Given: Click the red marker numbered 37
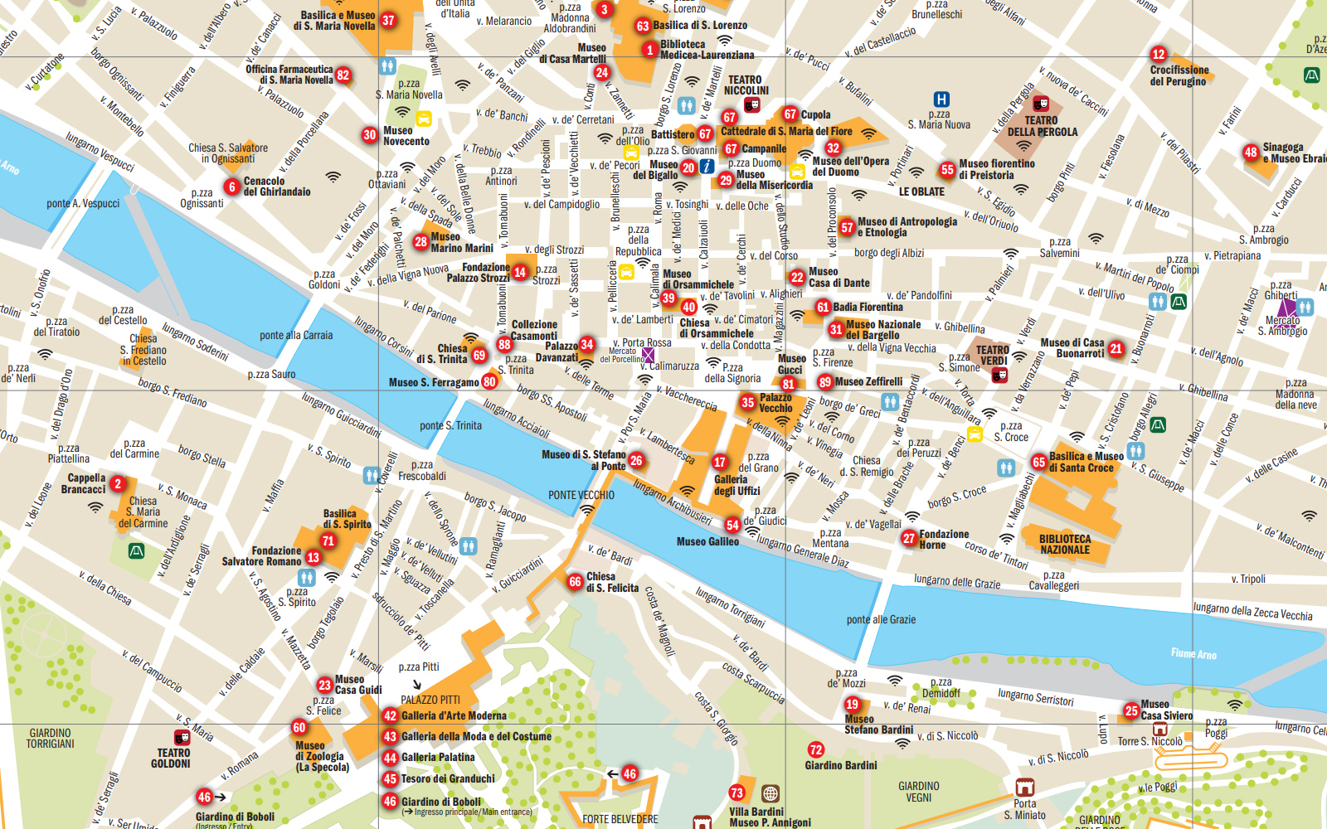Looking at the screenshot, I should coord(388,20).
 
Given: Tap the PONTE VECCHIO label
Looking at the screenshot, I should coord(581,495).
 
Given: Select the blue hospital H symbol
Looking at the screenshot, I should coord(941,99).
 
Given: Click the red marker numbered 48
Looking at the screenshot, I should coord(1251,153).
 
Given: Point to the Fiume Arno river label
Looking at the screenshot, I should coord(1193,654).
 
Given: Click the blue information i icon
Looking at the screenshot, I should coord(707,167).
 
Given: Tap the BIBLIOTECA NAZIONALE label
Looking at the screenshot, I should coord(1065,544).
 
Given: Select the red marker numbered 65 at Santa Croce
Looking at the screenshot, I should coord(1039,463).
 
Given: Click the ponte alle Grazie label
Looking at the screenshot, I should coord(881,619).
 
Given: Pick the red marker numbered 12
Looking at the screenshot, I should coord(1159,54).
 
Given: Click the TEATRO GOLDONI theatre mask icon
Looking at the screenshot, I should coord(182,737).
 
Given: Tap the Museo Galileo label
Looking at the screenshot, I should coord(707,541).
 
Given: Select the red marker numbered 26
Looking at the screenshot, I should coord(636,460).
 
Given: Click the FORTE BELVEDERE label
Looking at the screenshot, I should coord(620,819).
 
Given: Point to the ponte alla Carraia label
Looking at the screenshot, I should coord(296,335).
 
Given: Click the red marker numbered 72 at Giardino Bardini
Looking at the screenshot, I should coord(816,749).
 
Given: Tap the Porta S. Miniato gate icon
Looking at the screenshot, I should coord(1025,787).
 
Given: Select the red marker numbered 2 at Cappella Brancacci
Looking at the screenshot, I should coord(118,483).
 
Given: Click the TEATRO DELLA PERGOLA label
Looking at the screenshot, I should coord(1042,126).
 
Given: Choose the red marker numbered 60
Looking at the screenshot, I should coord(299,727).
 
